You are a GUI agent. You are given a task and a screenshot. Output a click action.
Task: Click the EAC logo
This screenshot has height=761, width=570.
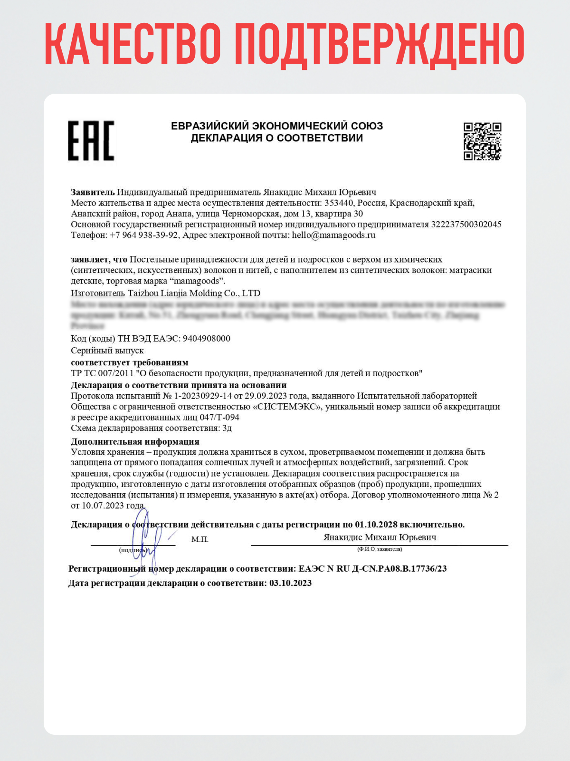[91, 140]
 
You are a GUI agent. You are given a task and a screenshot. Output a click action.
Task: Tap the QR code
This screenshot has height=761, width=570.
[482, 141]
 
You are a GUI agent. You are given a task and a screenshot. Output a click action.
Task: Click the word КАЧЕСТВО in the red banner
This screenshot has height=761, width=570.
[133, 44]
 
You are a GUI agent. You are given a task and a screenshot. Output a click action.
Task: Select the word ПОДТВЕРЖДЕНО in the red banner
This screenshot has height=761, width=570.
[379, 44]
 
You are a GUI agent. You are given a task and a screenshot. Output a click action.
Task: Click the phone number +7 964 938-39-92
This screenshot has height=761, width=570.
[144, 235]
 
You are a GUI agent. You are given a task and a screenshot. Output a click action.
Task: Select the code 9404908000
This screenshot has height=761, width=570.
[207, 339]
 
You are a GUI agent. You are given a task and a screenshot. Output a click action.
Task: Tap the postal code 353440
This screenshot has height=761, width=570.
[339, 203]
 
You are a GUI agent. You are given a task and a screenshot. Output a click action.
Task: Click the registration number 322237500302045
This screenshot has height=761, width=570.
[466, 224]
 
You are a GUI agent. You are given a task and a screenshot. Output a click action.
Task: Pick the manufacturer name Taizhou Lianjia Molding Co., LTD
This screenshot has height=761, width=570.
[194, 293]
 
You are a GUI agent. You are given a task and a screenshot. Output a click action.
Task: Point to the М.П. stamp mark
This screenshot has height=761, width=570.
[200, 539]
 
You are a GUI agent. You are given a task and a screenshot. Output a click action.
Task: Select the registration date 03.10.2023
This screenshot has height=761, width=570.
[291, 583]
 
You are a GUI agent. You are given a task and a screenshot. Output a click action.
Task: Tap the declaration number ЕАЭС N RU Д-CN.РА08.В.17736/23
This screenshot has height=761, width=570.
[372, 569]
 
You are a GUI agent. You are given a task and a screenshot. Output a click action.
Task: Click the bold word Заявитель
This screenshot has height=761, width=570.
[93, 192]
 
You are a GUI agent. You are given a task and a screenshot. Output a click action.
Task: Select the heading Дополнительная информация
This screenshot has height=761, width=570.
[135, 441]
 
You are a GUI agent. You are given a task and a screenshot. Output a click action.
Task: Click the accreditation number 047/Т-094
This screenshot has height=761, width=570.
[219, 418]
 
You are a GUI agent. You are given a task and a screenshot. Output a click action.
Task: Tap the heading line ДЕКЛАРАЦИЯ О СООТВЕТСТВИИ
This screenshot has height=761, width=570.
[277, 138]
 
